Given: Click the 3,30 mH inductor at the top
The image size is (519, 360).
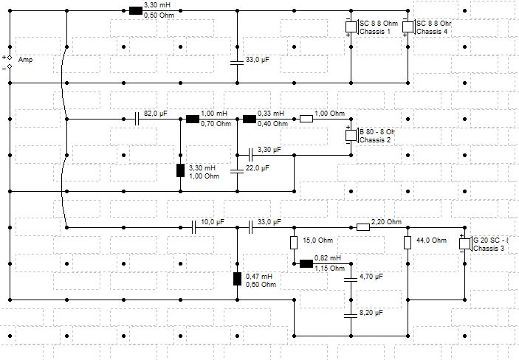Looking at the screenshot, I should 135,11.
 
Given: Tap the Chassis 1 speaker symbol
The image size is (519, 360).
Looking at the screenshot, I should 352,27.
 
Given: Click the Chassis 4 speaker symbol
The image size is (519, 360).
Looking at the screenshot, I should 410,27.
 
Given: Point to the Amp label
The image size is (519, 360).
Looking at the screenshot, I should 24,60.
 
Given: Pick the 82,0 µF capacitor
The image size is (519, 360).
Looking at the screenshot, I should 138,118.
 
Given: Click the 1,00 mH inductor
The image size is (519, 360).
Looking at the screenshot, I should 193,118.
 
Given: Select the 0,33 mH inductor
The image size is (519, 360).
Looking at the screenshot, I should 249,118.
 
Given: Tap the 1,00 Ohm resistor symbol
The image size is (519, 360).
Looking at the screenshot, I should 306,118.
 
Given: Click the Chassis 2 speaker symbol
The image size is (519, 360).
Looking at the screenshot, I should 352,135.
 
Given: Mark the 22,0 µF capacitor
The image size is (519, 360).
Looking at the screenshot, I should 236,172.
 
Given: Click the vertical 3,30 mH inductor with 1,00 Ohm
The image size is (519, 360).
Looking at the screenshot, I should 180,171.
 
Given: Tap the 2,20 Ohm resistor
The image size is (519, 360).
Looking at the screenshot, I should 362,227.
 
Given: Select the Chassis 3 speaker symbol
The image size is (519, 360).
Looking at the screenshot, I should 466,243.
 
